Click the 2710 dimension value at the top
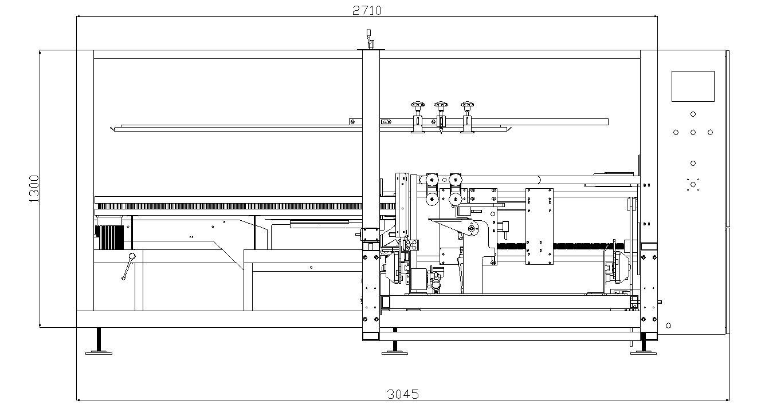click(x=367, y=10)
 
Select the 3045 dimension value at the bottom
click(x=403, y=394)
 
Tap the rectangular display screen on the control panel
click(x=693, y=86)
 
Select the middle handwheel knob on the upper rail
click(x=440, y=105)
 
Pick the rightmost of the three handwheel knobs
click(x=467, y=105)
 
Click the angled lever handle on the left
click(x=128, y=267)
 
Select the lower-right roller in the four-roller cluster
click(x=456, y=199)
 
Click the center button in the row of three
click(x=693, y=132)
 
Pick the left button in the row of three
click(x=676, y=132)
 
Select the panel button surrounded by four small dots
click(x=693, y=184)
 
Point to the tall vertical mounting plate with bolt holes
click(x=539, y=226)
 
